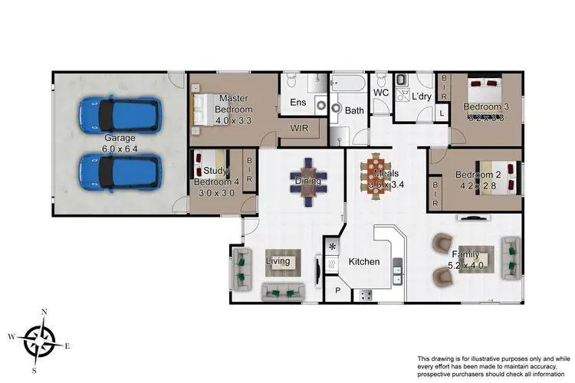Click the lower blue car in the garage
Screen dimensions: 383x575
coord(120,171)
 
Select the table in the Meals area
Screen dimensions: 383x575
coord(376,178)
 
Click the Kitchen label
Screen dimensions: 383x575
coord(364,262)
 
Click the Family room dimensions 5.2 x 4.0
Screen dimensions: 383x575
coord(465,267)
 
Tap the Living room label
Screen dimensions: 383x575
coord(278,261)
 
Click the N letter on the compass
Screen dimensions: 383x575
coord(44,313)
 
